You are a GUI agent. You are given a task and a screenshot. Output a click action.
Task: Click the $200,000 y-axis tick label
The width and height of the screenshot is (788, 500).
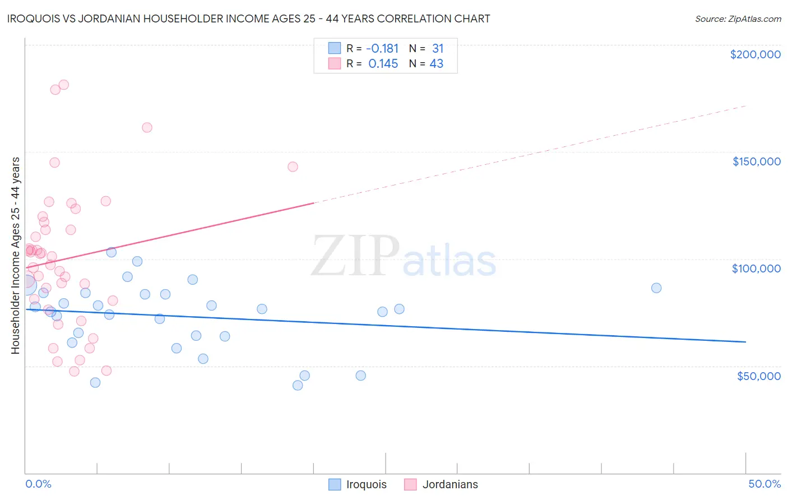coord(755,54)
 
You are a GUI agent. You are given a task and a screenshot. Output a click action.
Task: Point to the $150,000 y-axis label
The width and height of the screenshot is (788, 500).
coord(756,161)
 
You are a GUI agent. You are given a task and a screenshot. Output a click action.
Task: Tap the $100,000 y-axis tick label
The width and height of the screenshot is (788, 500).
coord(756,268)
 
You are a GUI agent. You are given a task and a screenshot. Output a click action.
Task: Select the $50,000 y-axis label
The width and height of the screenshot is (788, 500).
coord(758,376)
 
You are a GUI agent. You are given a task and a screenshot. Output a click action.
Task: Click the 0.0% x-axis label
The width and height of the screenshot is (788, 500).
coord(38,484)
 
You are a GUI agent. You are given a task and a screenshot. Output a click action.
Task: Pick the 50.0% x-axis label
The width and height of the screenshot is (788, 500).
coord(764,484)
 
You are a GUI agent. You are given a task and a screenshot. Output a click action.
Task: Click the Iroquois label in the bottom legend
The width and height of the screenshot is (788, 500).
coord(366,485)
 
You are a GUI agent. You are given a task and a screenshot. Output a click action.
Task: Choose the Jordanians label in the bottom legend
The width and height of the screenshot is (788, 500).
coord(450,485)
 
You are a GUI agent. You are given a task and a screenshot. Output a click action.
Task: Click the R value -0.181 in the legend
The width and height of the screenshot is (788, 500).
coord(382,49)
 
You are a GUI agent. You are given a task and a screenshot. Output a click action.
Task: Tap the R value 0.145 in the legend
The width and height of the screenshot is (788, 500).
coord(383,64)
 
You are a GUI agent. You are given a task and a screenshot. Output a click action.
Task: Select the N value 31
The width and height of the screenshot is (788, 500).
coord(438,49)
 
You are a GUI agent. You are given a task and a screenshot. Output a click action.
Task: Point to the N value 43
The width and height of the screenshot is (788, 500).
coord(437,64)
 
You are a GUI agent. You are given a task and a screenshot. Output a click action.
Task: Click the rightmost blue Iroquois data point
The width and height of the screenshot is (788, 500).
coord(656,288)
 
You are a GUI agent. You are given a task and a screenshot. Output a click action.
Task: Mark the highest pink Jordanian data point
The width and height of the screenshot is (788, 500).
coord(64,85)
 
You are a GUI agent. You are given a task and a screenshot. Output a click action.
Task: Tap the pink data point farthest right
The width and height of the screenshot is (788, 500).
coord(293,166)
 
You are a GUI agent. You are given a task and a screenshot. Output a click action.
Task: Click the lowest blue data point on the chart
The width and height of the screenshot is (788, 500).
coord(298,385)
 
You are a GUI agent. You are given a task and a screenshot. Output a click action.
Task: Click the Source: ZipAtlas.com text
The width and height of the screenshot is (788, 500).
coord(738,19)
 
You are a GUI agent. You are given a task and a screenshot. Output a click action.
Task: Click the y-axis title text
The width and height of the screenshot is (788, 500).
coord(16,256)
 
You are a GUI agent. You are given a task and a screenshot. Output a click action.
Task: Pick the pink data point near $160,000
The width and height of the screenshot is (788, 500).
coord(147,127)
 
